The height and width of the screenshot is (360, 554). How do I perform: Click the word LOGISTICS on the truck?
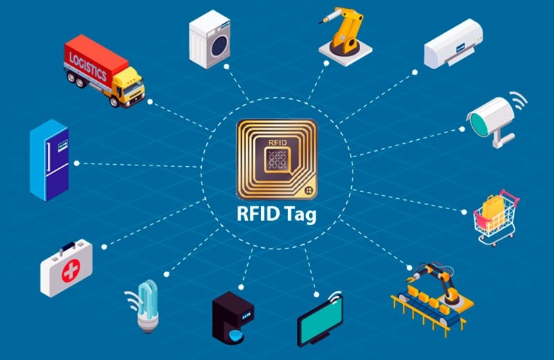(88, 66)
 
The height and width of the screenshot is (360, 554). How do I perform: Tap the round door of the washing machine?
(220, 46)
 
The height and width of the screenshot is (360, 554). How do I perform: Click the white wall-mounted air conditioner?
(454, 44)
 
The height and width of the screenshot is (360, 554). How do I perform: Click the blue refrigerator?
(49, 160)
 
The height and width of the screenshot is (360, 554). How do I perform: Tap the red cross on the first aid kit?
(71, 271)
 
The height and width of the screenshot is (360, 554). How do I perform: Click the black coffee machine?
(233, 317)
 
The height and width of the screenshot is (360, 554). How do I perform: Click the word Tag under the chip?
(298, 214)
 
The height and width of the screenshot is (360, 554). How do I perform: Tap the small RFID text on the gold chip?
(278, 143)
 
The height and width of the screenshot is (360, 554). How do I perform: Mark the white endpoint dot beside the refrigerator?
(77, 163)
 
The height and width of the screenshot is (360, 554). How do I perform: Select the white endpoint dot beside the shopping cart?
(464, 212)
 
